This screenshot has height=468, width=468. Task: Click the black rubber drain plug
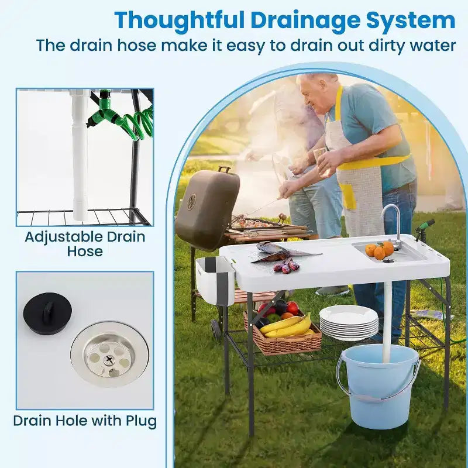(x=48, y=314)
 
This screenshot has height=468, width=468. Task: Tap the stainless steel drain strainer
(x=109, y=355)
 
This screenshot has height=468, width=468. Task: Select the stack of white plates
(x=349, y=323)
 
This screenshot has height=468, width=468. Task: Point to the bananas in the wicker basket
(x=287, y=327)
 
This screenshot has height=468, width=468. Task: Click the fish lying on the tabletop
(x=284, y=252)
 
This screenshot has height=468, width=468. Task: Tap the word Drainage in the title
(x=305, y=20)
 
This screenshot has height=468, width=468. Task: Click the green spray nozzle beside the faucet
(x=424, y=228)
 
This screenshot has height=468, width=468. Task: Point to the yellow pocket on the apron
(x=348, y=195)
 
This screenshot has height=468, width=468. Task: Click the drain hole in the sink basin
(x=388, y=261)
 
